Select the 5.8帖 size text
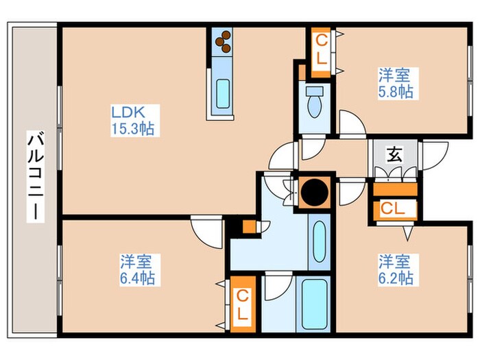coord(397,91)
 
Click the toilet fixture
coord(315,104)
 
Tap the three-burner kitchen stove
coord(223,43)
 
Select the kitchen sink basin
coord(223,93)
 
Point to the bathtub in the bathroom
coord(315,304)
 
